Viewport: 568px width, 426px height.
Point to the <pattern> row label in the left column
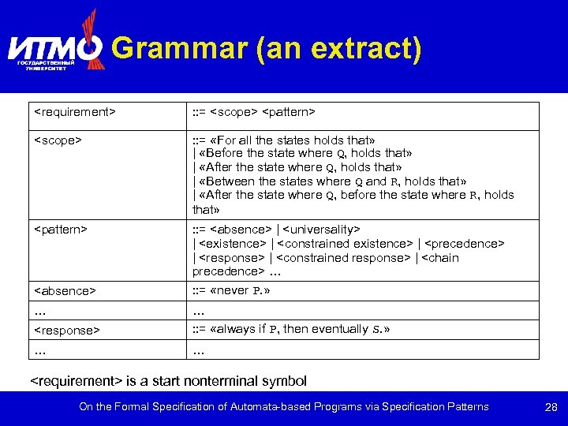[61, 229]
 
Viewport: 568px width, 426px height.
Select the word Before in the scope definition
[226, 153]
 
